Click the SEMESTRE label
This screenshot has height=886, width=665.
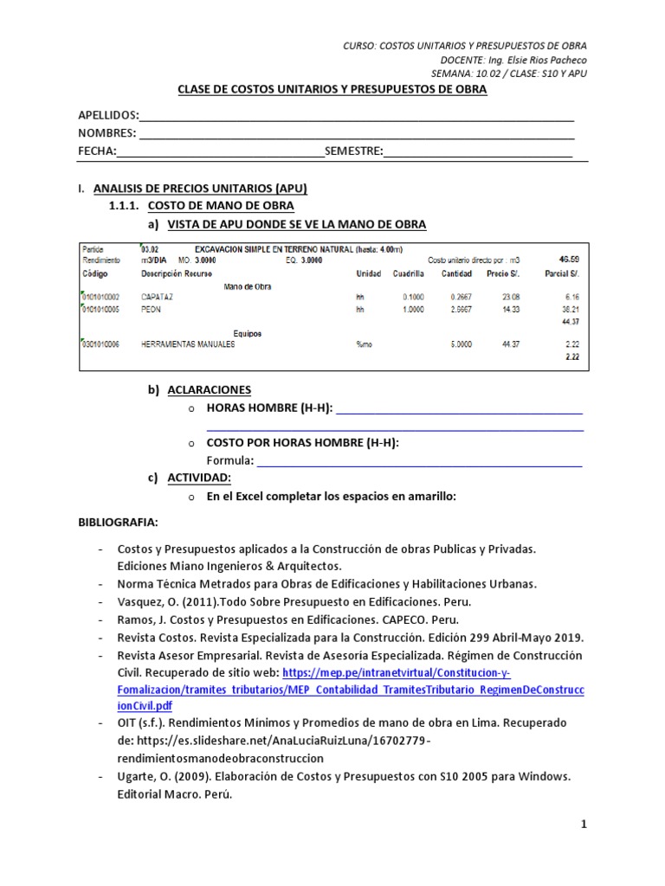353,151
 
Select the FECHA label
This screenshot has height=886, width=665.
96,151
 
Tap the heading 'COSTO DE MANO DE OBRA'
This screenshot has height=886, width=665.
222,206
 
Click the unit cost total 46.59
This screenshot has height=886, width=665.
570,259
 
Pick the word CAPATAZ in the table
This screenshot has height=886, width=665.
158,296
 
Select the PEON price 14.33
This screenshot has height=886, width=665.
498,308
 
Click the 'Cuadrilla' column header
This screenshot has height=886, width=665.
408,273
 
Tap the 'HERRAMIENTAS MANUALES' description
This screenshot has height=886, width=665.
187,343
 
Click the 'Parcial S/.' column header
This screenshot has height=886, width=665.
565,273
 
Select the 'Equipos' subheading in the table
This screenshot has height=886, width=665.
247,332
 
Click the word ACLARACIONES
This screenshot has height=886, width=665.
210,390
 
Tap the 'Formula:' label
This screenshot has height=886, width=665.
230,459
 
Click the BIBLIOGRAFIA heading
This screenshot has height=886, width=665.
119,523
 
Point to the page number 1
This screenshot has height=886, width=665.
584,825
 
